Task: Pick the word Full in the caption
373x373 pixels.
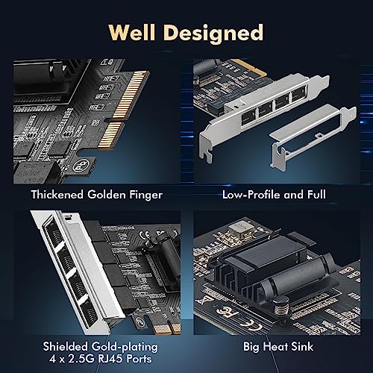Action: point(316,195)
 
